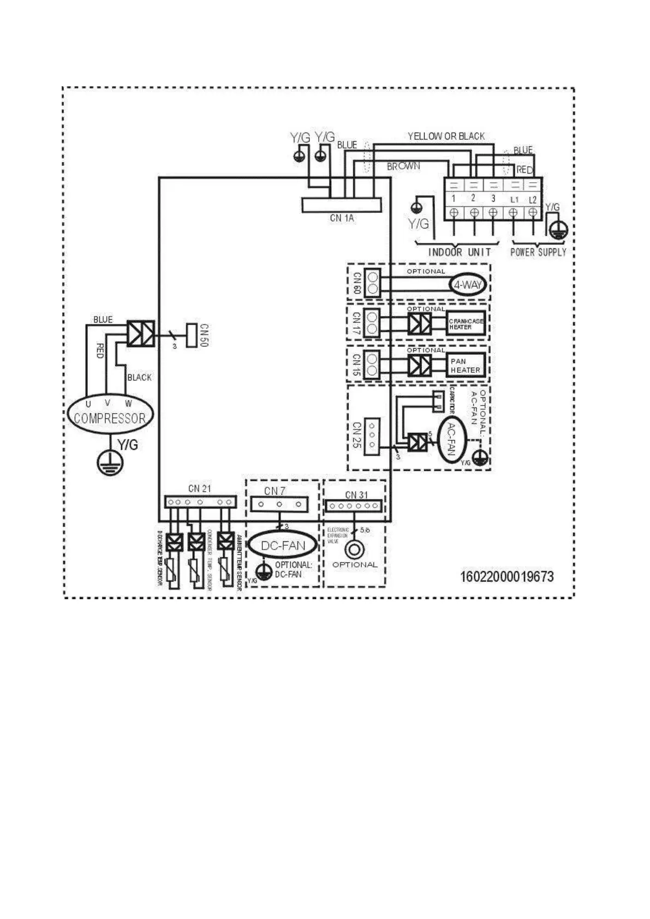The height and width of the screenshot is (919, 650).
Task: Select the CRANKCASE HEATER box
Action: pyautogui.click(x=466, y=324)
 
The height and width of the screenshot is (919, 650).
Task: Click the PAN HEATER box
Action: pyautogui.click(x=466, y=365)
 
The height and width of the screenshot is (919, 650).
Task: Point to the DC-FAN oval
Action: pyautogui.click(x=283, y=545)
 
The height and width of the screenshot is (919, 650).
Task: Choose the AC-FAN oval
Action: pyautogui.click(x=451, y=440)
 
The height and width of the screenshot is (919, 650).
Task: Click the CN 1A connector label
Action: pyautogui.click(x=342, y=218)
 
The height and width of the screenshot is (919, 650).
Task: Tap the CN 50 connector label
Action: pyautogui.click(x=204, y=335)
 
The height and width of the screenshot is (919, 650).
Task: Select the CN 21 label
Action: pyautogui.click(x=199, y=488)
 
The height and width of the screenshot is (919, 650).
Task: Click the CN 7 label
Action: pyautogui.click(x=275, y=491)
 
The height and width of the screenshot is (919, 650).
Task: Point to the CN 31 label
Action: pyautogui.click(x=356, y=495)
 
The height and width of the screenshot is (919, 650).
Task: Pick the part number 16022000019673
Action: pyautogui.click(x=507, y=577)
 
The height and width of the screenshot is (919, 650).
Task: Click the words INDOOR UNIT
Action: pyautogui.click(x=459, y=252)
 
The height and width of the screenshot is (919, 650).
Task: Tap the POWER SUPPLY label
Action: pyautogui.click(x=538, y=252)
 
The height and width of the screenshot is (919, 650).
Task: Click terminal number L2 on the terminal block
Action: pyautogui.click(x=533, y=199)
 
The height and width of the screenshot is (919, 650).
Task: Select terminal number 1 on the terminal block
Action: pyautogui.click(x=454, y=199)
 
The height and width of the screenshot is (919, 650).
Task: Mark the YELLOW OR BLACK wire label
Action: pyautogui.click(x=446, y=136)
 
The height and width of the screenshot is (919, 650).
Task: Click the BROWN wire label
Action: pyautogui.click(x=403, y=166)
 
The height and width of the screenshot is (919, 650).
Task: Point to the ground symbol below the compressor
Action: pyautogui.click(x=110, y=463)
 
